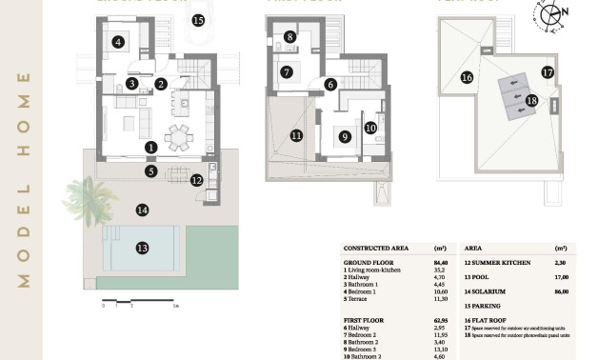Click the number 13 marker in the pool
142,249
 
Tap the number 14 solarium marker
142,210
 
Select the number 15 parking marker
198,19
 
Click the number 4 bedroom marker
118,42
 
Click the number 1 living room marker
150,148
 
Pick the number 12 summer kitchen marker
196,179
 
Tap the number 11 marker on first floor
296,136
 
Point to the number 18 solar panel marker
531,100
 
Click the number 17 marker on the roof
548,71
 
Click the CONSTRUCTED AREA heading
379,246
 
